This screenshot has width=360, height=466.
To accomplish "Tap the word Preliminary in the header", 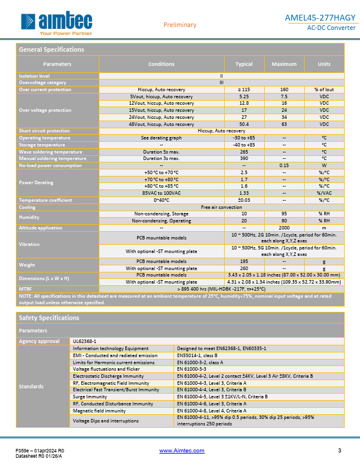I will point(179,25).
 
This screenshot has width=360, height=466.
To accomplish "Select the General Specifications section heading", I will point(52,49).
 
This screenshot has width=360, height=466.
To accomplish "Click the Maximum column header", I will point(284,64).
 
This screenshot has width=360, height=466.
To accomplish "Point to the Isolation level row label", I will point(35,76).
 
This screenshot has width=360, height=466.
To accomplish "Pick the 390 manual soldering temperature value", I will point(244,158).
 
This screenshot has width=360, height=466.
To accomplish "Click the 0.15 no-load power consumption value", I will point(284,165).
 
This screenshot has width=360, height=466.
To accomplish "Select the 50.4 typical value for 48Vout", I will point(244,124).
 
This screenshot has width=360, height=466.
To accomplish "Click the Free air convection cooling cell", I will point(221,207).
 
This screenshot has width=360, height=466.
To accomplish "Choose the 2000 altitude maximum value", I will point(284,228).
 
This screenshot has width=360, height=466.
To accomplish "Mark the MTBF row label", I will point(26,289).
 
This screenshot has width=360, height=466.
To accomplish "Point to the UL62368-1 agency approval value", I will point(84,341).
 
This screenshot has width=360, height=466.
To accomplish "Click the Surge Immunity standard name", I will point(89,397).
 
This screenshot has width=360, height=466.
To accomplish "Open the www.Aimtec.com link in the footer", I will point(182,451).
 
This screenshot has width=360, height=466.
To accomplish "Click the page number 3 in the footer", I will point(339,451).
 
